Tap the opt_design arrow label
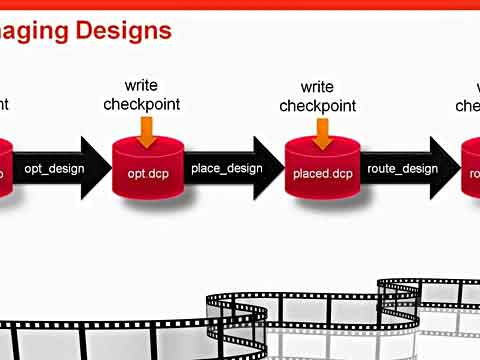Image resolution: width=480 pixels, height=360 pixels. point(54,168)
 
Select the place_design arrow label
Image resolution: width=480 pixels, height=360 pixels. point(226,168)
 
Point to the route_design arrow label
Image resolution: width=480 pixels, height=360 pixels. point(402,168)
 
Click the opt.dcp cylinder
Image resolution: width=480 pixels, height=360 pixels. point(150,167)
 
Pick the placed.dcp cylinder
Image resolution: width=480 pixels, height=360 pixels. point(323,167)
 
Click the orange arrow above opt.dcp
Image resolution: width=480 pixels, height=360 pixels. point(148,130)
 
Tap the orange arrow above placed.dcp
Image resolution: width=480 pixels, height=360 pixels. point(322,130)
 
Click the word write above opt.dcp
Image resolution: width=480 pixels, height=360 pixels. point(141,86)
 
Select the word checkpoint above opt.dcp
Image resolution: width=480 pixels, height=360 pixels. point(141,105)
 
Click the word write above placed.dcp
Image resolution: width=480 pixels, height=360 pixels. point(317,87)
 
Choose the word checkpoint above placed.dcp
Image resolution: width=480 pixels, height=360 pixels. point(317,106)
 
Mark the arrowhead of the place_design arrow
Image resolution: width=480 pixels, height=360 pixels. point(273,168)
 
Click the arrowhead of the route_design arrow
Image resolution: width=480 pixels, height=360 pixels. point(447,168)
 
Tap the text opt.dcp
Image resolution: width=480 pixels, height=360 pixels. point(150,174)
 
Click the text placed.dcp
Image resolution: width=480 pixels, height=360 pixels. point(323,174)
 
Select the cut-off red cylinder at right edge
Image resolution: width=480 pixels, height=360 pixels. point(471,168)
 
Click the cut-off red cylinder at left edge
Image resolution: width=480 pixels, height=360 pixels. point(6,168)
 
